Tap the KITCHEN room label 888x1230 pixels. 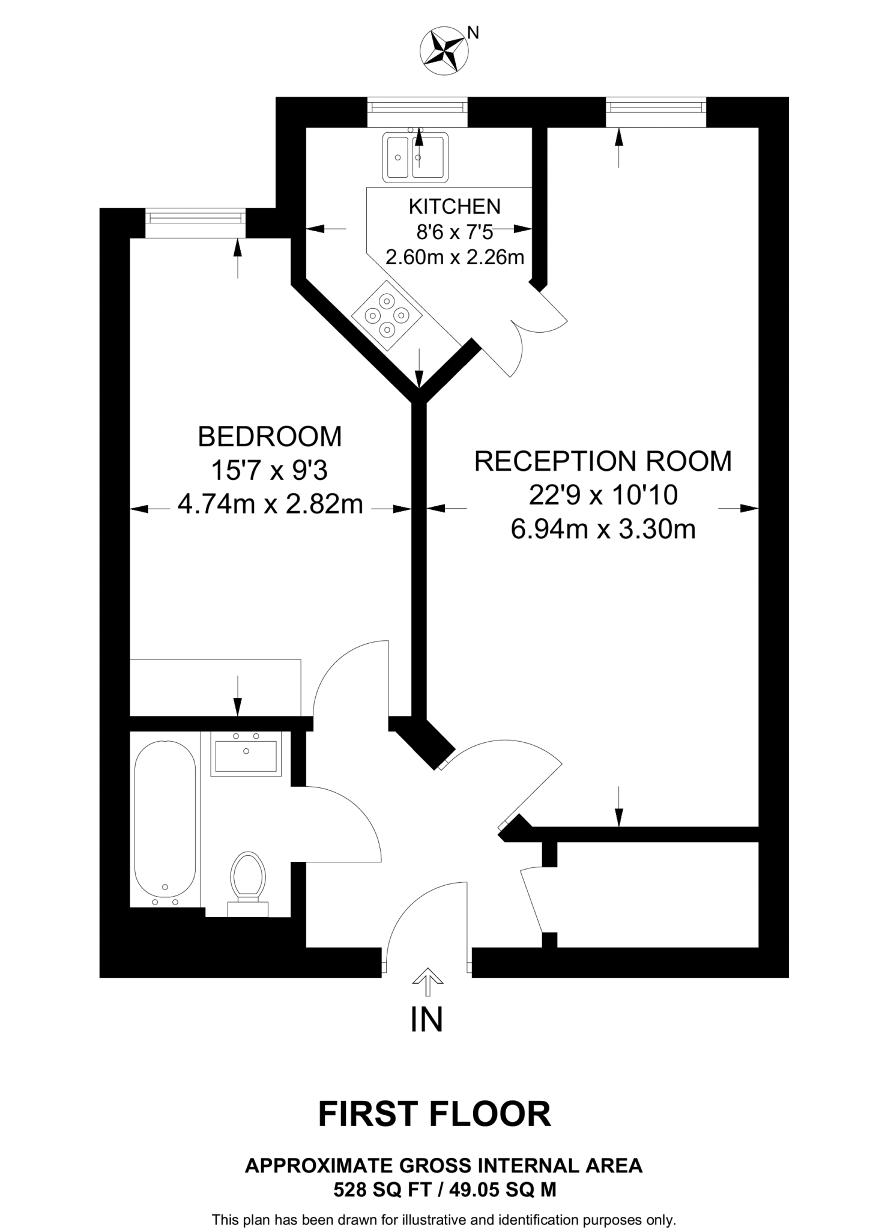(455, 207)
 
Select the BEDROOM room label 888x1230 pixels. (270, 437)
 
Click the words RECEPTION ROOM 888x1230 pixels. (603, 461)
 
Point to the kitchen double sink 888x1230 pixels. (415, 157)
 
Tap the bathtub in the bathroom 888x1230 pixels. (165, 825)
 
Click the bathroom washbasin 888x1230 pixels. (246, 754)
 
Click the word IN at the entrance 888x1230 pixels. (427, 1019)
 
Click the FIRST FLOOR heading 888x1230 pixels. (434, 1114)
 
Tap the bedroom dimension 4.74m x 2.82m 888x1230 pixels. (270, 504)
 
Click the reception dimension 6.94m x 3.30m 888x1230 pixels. (603, 530)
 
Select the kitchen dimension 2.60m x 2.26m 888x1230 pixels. (455, 258)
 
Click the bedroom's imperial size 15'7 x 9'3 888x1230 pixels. (270, 471)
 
